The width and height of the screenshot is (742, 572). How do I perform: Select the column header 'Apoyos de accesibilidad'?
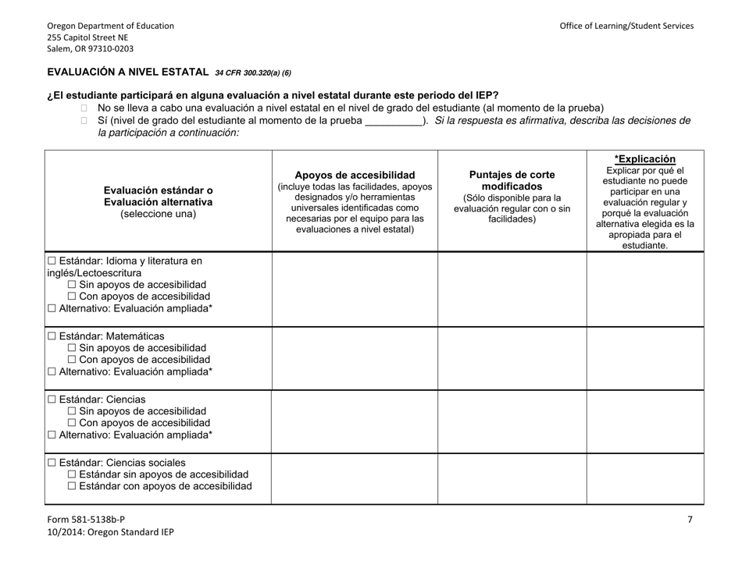click(355, 175)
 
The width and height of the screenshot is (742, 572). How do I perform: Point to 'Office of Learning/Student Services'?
click(626, 26)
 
